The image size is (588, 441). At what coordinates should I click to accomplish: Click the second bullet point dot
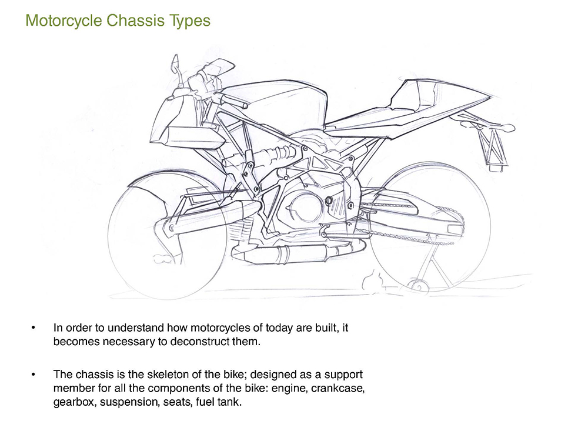pyautogui.click(x=35, y=374)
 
